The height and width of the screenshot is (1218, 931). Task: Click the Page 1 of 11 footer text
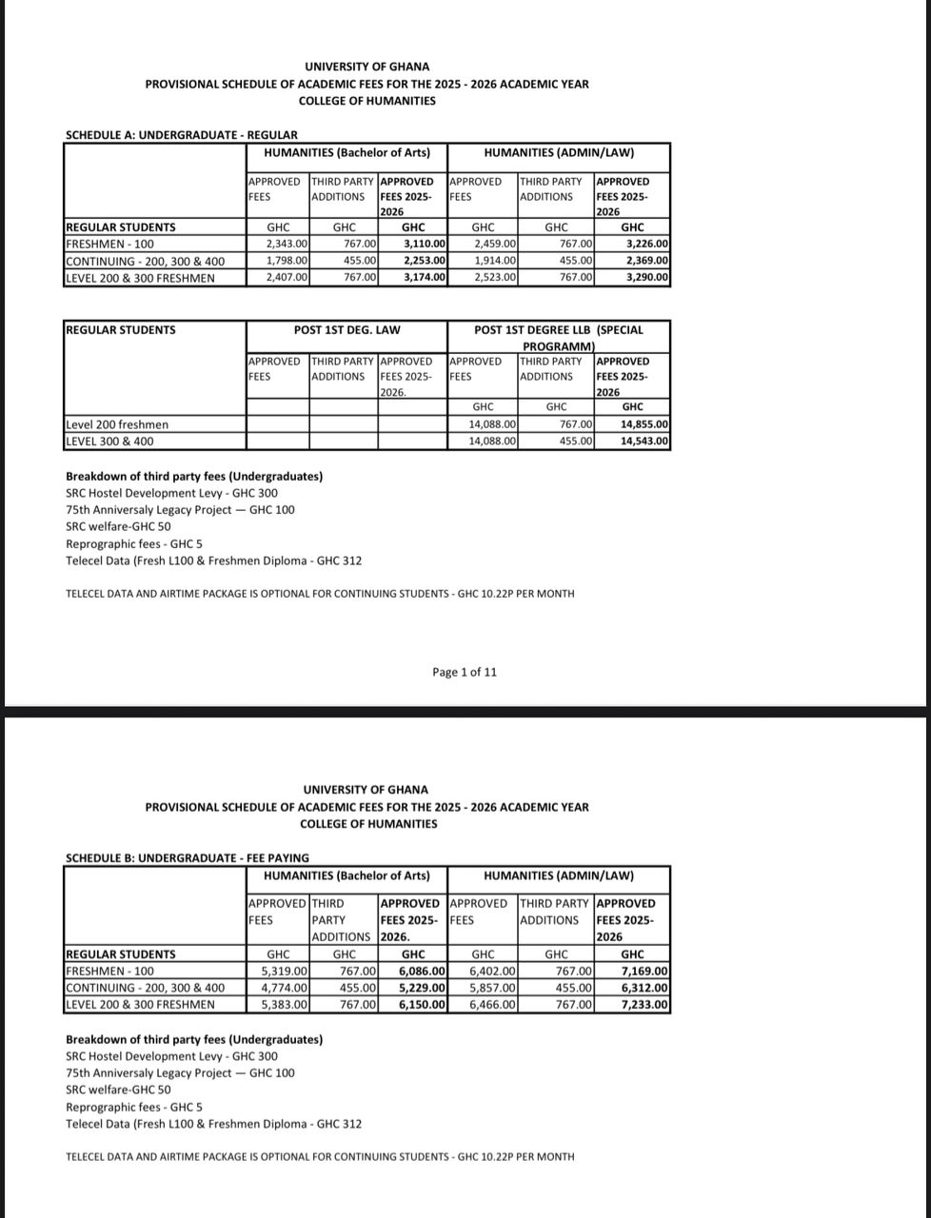pos(464,672)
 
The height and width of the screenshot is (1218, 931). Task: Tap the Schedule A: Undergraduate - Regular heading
pos(181,135)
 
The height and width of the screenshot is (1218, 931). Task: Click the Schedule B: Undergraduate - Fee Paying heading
pos(187,858)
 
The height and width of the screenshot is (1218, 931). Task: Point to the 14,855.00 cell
pos(644,424)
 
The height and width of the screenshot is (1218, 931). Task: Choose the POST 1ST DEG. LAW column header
pos(347,330)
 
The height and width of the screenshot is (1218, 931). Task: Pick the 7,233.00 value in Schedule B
pos(644,1005)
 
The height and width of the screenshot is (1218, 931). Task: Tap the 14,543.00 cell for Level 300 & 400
pos(644,442)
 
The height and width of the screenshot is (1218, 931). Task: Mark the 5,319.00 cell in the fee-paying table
pos(284,972)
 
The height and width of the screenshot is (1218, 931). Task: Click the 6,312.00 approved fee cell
pos(644,988)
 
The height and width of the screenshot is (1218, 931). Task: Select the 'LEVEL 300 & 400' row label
pos(109,442)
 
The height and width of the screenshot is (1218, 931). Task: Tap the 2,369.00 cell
pos(644,261)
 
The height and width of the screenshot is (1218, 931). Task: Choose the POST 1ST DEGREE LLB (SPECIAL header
pos(559,330)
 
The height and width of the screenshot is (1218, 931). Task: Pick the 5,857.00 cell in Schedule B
pos(492,988)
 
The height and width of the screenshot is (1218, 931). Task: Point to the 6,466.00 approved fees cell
pos(492,1005)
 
